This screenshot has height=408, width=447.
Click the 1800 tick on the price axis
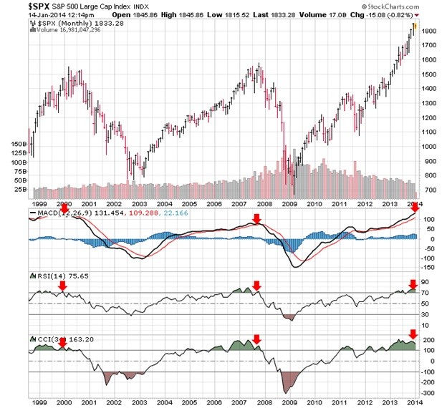(429, 31)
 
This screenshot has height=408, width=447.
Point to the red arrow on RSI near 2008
(257, 286)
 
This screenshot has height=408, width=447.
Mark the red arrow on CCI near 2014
(413, 334)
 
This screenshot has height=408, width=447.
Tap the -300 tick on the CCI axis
(429, 393)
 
